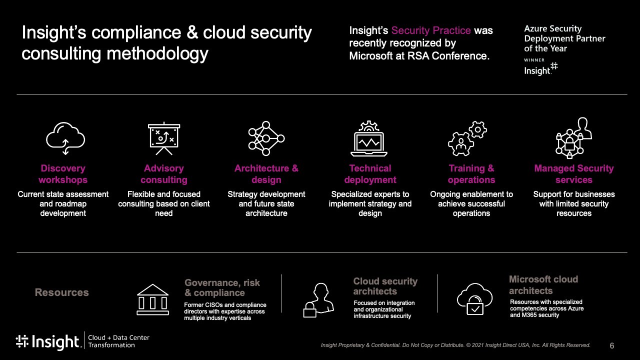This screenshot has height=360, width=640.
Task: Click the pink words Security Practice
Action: [431, 30]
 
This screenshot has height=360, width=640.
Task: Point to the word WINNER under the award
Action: [534, 60]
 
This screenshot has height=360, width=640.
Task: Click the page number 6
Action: [611, 345]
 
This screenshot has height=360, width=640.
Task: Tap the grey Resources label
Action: [61, 292]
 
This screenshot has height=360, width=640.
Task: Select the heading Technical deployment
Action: [370, 174]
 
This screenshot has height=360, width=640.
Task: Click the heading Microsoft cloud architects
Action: [543, 285]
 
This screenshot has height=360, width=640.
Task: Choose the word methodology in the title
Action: [157, 54]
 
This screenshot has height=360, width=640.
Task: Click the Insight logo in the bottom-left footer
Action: [47, 341]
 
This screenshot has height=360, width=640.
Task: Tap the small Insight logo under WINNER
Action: [540, 69]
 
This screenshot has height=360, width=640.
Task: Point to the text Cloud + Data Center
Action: [118, 337]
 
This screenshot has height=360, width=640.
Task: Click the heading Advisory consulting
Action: [163, 174]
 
